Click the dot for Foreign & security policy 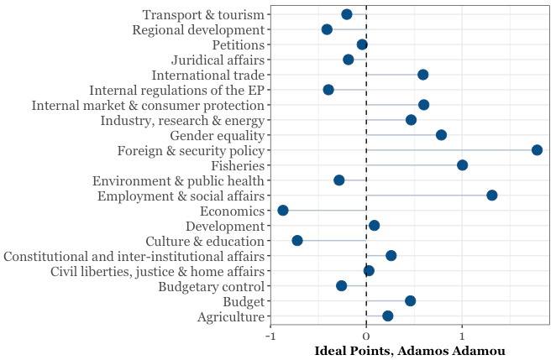coord(537,150)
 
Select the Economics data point coord(283,211)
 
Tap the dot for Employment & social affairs coord(491,196)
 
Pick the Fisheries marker coord(462,165)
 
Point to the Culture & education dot coord(297,241)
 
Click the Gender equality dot coord(441,135)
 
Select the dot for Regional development coord(327,29)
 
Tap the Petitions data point coord(362,44)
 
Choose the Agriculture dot coord(387,316)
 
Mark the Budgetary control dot coord(342,286)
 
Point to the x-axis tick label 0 coord(366,336)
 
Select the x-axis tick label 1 coord(461,336)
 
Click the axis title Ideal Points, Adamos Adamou coord(409,350)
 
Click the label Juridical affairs coord(218,60)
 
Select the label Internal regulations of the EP coord(176,90)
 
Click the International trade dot coord(422,75)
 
